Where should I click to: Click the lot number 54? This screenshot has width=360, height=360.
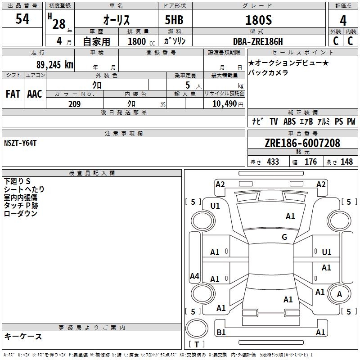coord(22,19)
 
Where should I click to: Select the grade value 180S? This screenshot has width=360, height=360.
coord(258,20)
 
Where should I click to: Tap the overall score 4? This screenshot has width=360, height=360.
coord(343,21)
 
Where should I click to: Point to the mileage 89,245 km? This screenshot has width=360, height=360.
coord(54,65)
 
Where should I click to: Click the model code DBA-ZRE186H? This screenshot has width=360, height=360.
coord(258,41)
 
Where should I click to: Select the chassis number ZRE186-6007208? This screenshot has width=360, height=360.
coord(302,143)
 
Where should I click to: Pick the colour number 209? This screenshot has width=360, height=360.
coord(74,104)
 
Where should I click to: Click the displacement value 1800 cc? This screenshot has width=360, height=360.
coord(141,42)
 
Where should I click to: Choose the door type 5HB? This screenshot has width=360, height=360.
coord(174,20)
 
